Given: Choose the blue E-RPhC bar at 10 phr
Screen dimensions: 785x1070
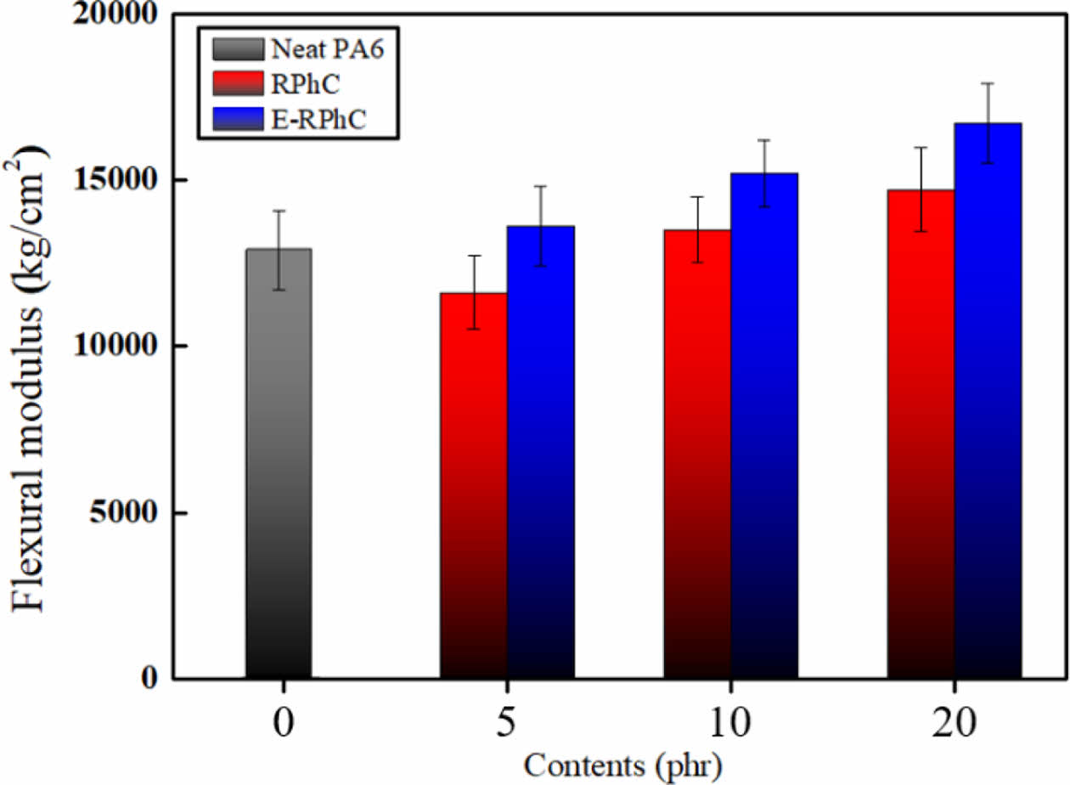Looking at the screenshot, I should (x=764, y=426).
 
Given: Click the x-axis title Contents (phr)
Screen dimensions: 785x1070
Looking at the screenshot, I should (x=622, y=766).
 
